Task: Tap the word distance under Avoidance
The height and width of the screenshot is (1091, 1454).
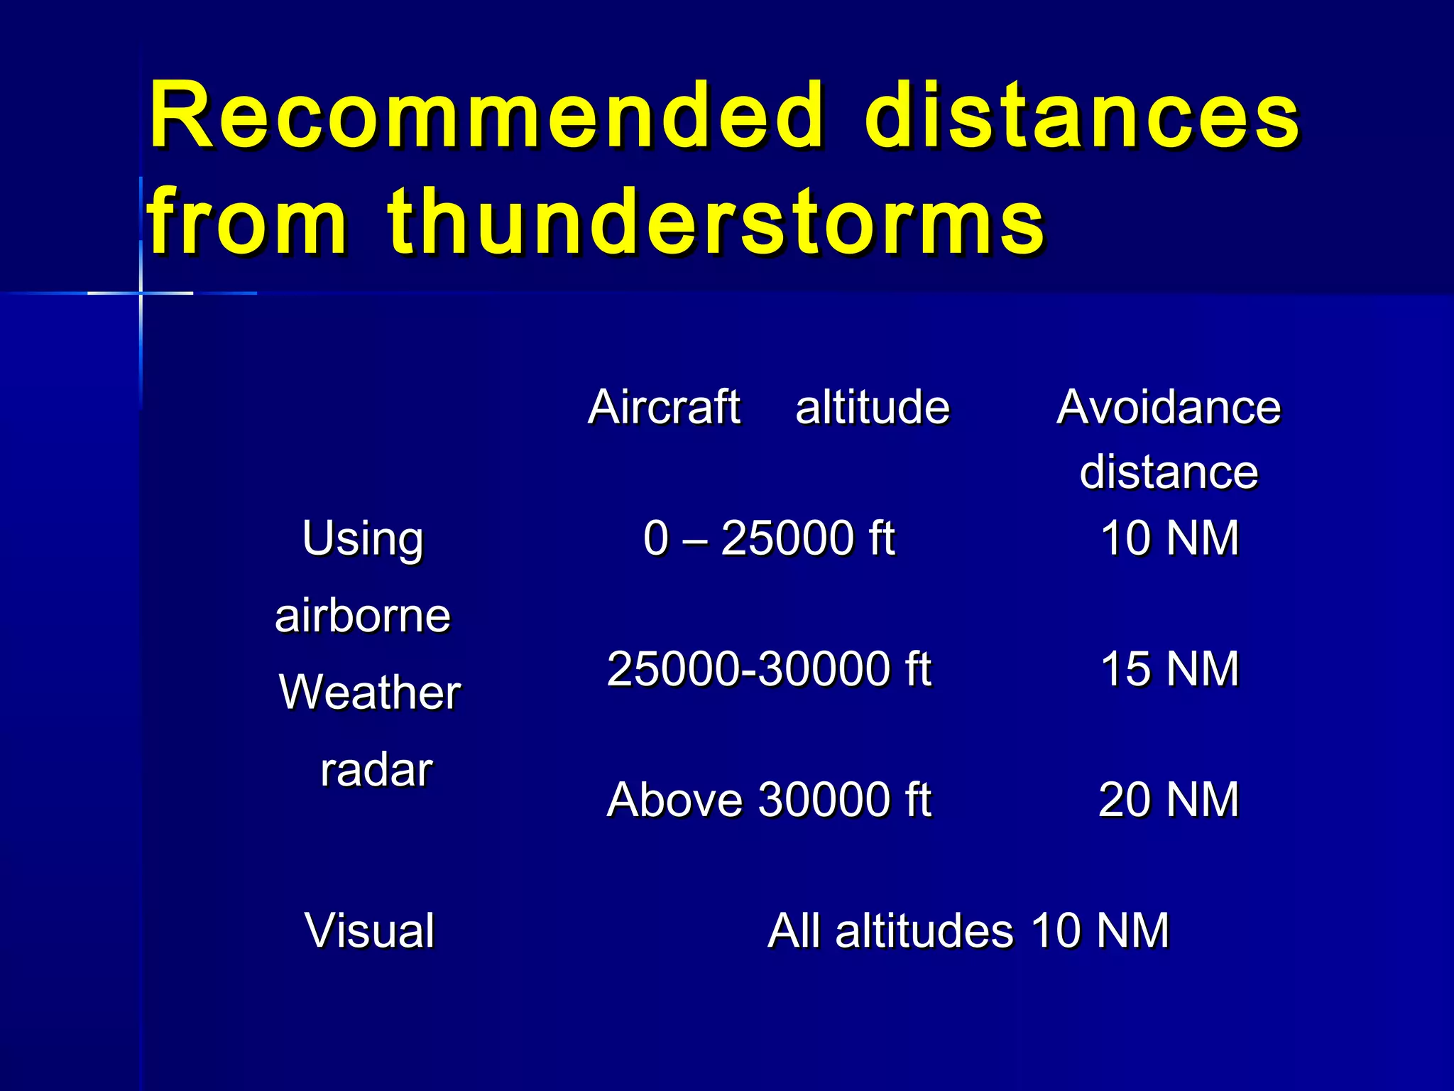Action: [1169, 472]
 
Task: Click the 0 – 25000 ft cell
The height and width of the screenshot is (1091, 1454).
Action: [769, 538]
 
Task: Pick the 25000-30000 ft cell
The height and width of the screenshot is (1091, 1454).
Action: [769, 669]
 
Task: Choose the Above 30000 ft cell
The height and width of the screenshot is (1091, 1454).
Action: [769, 800]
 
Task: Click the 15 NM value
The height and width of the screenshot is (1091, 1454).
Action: [1169, 669]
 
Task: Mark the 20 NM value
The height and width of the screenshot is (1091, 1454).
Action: [1169, 800]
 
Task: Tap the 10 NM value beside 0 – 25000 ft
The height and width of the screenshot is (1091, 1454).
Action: [1169, 538]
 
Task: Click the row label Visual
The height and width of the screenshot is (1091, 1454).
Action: [369, 930]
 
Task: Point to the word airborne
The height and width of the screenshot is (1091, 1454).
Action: [363, 616]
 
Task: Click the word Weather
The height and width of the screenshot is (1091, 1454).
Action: [370, 693]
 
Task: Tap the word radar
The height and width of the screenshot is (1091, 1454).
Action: [376, 770]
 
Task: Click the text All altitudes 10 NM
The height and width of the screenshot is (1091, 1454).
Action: [968, 930]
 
